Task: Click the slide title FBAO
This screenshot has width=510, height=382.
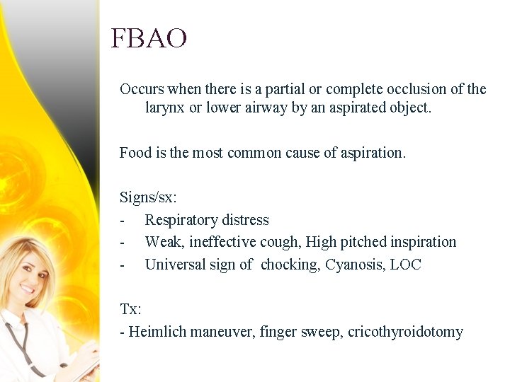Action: pyautogui.click(x=149, y=38)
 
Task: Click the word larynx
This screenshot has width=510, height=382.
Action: pyautogui.click(x=164, y=108)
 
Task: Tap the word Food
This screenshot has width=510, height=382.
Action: pyautogui.click(x=135, y=153)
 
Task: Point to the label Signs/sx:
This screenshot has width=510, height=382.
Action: pyautogui.click(x=148, y=197)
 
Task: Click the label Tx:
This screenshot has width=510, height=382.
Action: pyautogui.click(x=130, y=309)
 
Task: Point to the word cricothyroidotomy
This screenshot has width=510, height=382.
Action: pyautogui.click(x=405, y=332)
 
